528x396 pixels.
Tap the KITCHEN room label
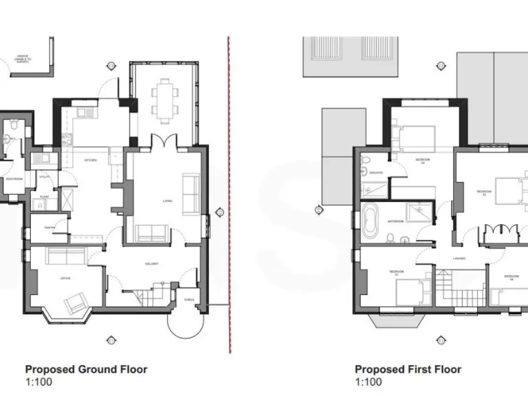pyautogui.click(x=91, y=160)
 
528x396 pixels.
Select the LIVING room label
pyautogui.click(x=167, y=201)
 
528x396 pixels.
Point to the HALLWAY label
pyautogui.click(x=152, y=263)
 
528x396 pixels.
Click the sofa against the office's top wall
pyautogui.click(x=65, y=256)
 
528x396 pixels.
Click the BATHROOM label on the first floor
pyautogui.click(x=395, y=221)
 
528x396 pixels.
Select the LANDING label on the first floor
pyautogui.click(x=459, y=258)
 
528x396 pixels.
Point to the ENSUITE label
pyautogui.click(x=376, y=173)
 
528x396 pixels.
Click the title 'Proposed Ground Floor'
pyautogui.click(x=86, y=369)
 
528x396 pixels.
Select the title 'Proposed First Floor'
pyautogui.click(x=408, y=369)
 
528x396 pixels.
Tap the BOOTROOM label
pyautogui.click(x=14, y=179)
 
